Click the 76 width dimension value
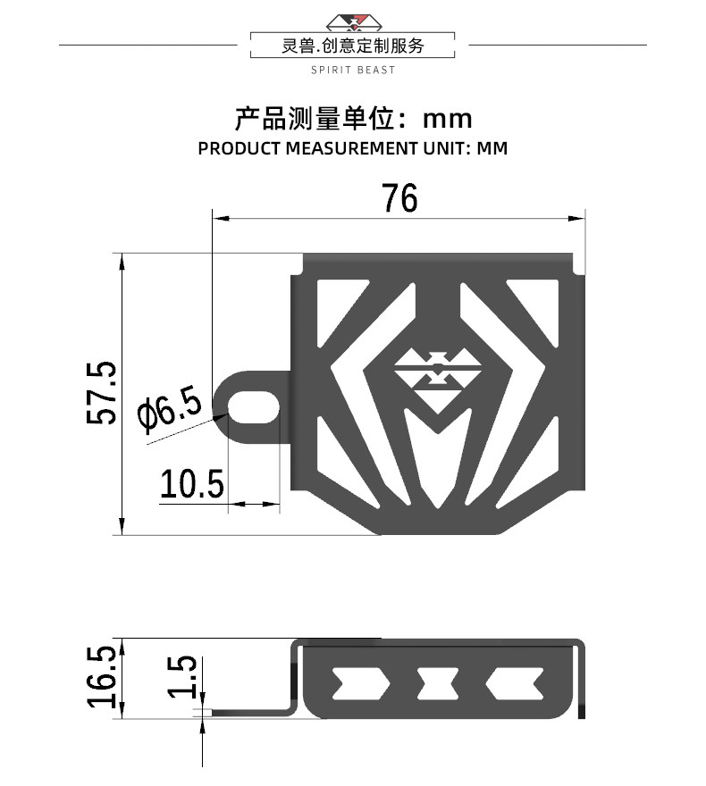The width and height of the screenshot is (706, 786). [x=399, y=197]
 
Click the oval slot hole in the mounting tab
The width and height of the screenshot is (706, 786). [x=254, y=405]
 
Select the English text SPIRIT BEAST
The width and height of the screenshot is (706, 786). [x=353, y=70]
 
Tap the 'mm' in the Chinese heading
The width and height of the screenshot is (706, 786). [x=447, y=119]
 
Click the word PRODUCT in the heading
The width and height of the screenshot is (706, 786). [x=240, y=148]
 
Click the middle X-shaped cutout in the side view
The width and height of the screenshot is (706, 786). [x=439, y=684]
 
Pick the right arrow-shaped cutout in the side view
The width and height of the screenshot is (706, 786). [x=517, y=684]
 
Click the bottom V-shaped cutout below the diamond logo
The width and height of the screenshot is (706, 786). [x=437, y=460]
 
